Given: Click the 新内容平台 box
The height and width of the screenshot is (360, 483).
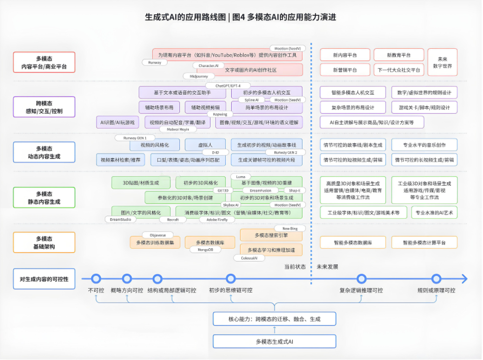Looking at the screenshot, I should pyautogui.click(x=345, y=55).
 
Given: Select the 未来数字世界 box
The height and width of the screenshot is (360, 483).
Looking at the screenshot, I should pyautogui.click(x=442, y=62).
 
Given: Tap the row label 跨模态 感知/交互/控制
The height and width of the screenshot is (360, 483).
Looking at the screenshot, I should pyautogui.click(x=44, y=107).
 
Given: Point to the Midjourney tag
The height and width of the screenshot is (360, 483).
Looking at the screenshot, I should pyautogui.click(x=199, y=76).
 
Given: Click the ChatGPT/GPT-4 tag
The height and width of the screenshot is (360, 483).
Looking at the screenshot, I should pyautogui.click(x=229, y=86).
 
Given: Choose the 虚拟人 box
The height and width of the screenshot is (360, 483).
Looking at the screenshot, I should pyautogui.click(x=205, y=145).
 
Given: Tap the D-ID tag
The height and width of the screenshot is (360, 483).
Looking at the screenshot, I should pyautogui.click(x=215, y=153).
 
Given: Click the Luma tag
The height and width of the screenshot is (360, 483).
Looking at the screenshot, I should pyautogui.click(x=241, y=176).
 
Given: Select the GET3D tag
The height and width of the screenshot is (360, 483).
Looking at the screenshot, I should pyautogui.click(x=223, y=190).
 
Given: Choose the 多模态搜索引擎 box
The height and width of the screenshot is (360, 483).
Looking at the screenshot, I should pyautogui.click(x=268, y=235).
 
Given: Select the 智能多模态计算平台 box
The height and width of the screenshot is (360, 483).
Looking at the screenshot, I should pyautogui.click(x=424, y=242).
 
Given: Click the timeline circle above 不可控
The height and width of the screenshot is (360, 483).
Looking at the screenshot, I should pyautogui.click(x=96, y=279).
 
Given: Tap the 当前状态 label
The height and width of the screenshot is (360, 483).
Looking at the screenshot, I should pyautogui.click(x=295, y=267).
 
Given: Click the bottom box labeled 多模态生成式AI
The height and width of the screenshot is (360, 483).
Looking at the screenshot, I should pyautogui.click(x=275, y=341).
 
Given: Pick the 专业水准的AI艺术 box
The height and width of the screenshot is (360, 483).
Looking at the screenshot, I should pyautogui.click(x=435, y=213).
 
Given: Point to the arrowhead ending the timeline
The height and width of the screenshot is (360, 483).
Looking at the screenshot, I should pyautogui.click(x=464, y=279).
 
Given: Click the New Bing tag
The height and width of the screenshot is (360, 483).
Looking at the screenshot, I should pyautogui.click(x=290, y=229).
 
